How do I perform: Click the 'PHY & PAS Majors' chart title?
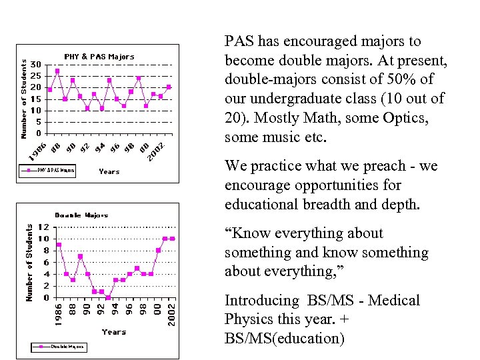99,57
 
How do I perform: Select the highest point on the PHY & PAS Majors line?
57,71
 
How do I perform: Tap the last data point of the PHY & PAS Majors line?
169,87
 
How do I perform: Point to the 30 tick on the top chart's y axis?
37,64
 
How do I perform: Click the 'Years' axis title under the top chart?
109,171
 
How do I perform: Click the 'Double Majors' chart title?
81,215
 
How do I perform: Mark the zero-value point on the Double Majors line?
108,297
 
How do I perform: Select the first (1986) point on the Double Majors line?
59,245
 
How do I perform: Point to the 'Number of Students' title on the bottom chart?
29,262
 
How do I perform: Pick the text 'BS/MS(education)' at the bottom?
285,338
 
